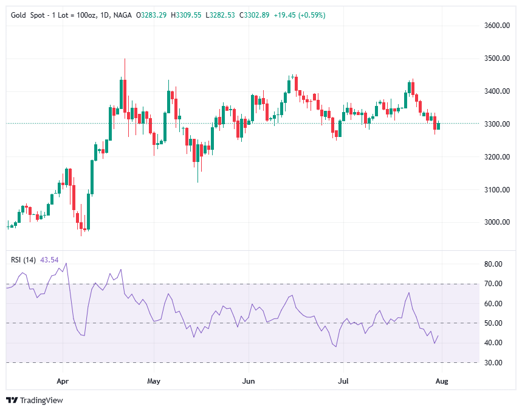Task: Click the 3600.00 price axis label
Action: tap(496, 26)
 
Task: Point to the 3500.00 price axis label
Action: tap(496, 58)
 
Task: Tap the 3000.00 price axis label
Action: tap(496, 222)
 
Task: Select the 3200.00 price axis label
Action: tap(496, 157)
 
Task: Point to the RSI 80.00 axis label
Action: tap(493, 264)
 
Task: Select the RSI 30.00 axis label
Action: tap(493, 363)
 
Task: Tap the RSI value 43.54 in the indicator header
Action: tap(49, 260)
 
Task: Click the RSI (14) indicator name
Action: tap(24, 260)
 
